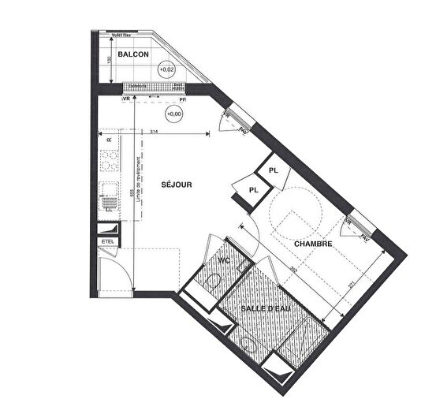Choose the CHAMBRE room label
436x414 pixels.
point(313,244)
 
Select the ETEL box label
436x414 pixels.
point(107,241)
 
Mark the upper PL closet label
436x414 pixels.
point(274,170)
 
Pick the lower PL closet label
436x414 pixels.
point(253,189)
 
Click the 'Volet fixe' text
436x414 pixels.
point(121,35)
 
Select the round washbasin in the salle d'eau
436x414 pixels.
point(251,344)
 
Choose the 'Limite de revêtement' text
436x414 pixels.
point(139,182)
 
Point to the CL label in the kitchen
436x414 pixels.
point(108,211)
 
